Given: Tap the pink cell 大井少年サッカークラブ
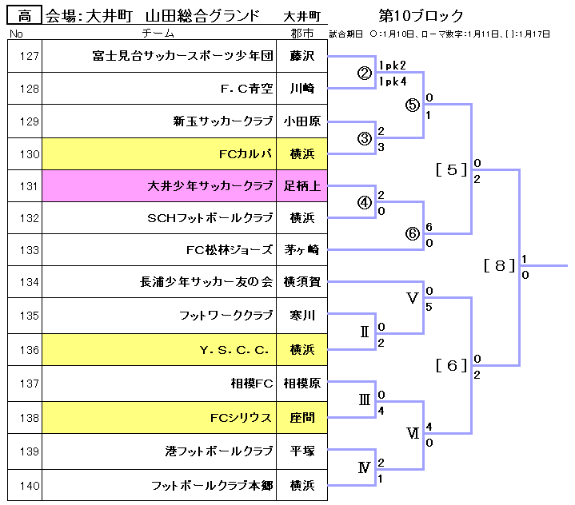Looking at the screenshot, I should pos(211,186).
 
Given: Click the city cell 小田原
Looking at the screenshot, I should pos(302,121).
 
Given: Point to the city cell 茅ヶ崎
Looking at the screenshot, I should pos(302,249).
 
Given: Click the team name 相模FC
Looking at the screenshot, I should pos(252,384).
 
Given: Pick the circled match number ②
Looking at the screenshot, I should pos(365,74).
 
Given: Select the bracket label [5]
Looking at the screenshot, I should pos(452,169).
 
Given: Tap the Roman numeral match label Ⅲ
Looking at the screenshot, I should pos(365,401).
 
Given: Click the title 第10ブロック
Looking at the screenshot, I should pos(421,16).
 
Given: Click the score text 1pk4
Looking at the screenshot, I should pos(393,82).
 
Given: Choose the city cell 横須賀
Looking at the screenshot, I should pos(302,281).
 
